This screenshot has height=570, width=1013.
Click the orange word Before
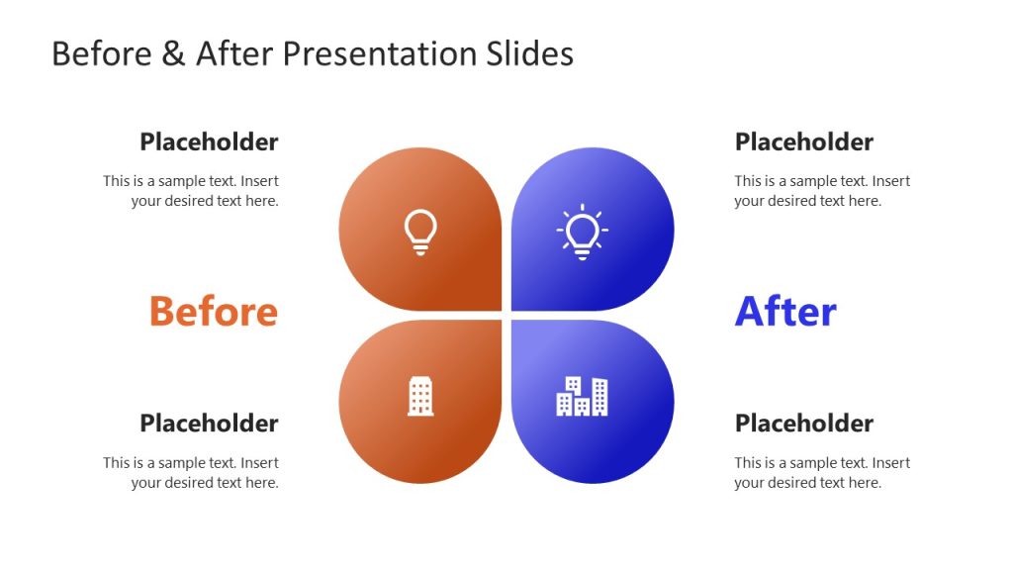(x=213, y=312)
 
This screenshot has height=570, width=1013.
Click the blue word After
(x=785, y=312)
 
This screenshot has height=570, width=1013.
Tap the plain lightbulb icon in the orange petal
(x=420, y=232)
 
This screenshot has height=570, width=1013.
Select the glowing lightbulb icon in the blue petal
(x=583, y=232)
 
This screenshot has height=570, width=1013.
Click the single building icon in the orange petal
(x=420, y=396)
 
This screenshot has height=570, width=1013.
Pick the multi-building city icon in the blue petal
(x=582, y=396)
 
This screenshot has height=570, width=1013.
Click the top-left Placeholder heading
(x=209, y=142)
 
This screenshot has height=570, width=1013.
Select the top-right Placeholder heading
(x=803, y=142)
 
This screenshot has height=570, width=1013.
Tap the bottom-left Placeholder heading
(x=209, y=424)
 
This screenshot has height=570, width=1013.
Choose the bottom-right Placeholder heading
(x=803, y=424)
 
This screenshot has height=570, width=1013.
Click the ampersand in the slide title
(x=173, y=53)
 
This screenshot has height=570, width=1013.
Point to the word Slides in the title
(x=530, y=53)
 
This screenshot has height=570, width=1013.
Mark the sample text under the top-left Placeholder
(x=191, y=191)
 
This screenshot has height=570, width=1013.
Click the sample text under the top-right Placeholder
(x=821, y=191)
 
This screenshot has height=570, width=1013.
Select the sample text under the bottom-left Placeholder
(x=191, y=473)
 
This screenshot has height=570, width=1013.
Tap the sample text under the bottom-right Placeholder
(x=821, y=473)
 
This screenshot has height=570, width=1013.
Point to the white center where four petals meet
(x=506, y=316)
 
